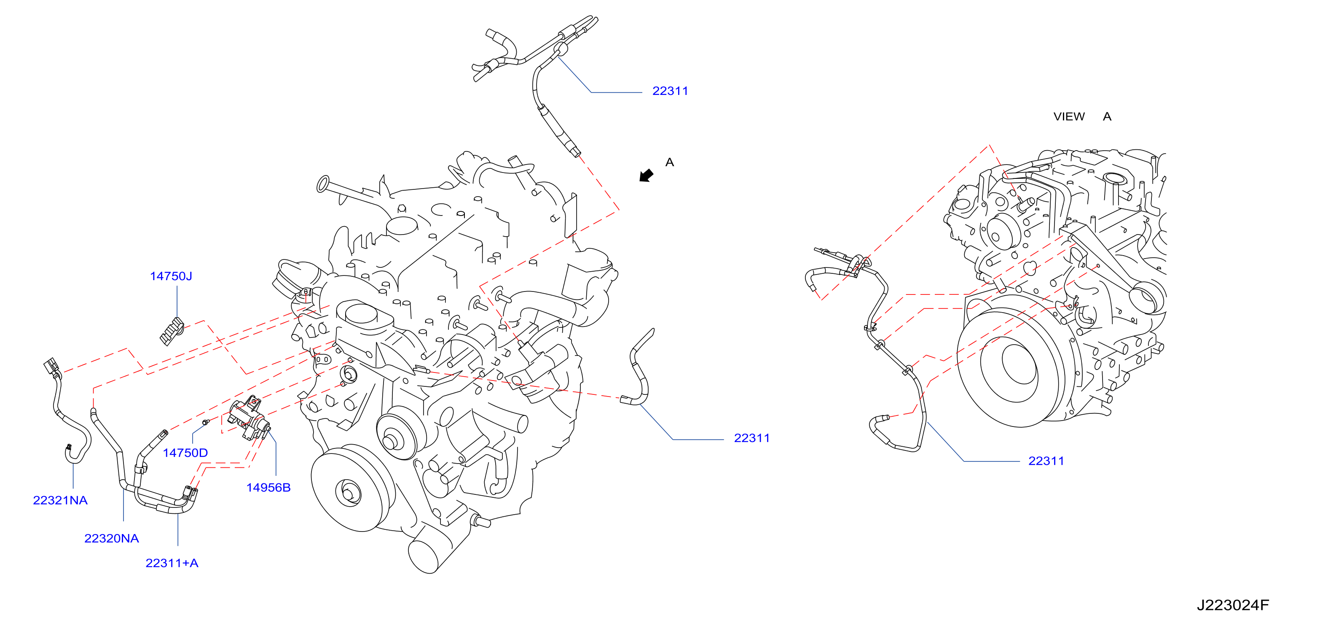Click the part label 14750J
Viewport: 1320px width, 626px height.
(171, 276)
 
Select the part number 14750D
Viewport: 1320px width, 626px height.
(185, 453)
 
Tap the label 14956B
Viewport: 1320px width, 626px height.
(268, 488)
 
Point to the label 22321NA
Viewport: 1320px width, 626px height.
(60, 500)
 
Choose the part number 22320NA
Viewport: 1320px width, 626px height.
(111, 538)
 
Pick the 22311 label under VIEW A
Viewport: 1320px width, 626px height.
(1046, 461)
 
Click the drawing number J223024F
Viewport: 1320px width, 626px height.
(1232, 605)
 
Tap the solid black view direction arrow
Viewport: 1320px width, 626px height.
(646, 175)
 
